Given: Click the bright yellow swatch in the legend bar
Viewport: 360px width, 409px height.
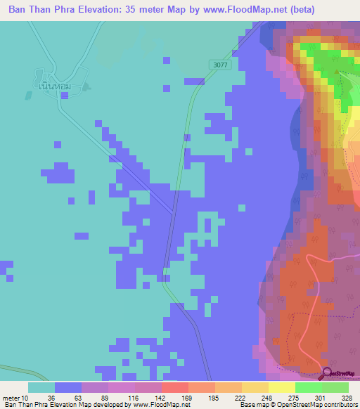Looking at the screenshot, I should point(281,387).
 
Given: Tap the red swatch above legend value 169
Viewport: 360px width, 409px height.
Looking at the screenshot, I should point(174,387).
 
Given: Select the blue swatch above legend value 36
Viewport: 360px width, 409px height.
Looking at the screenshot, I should point(68,387).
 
